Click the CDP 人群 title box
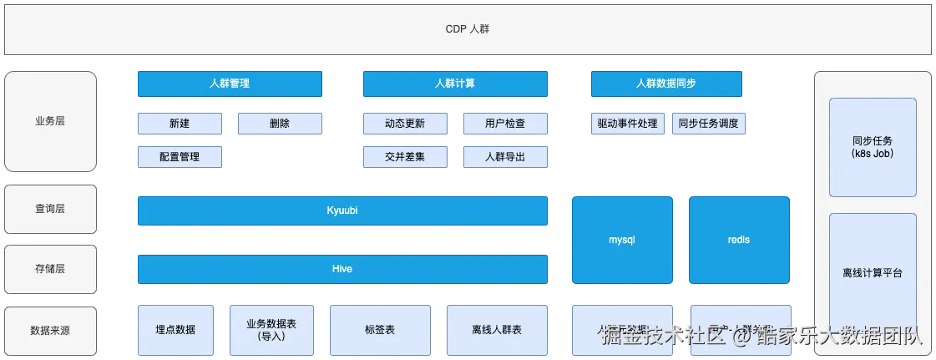tap(468, 30)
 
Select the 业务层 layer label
tap(50, 120)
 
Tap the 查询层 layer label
tap(50, 209)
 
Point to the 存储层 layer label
tap(50, 269)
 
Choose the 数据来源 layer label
tap(50, 330)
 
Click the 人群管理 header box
tap(230, 84)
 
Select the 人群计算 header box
tap(455, 84)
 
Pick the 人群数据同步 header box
tap(665, 84)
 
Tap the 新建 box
tap(180, 124)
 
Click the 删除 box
tap(280, 124)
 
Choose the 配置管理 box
tap(180, 156)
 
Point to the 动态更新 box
tap(405, 124)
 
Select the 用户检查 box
tap(504, 124)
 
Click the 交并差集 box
tap(405, 156)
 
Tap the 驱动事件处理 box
tap(627, 124)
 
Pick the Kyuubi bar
tap(342, 210)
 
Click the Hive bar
tap(342, 269)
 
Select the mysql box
tap(622, 240)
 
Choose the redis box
tap(739, 240)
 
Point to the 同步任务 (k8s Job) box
tap(873, 148)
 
